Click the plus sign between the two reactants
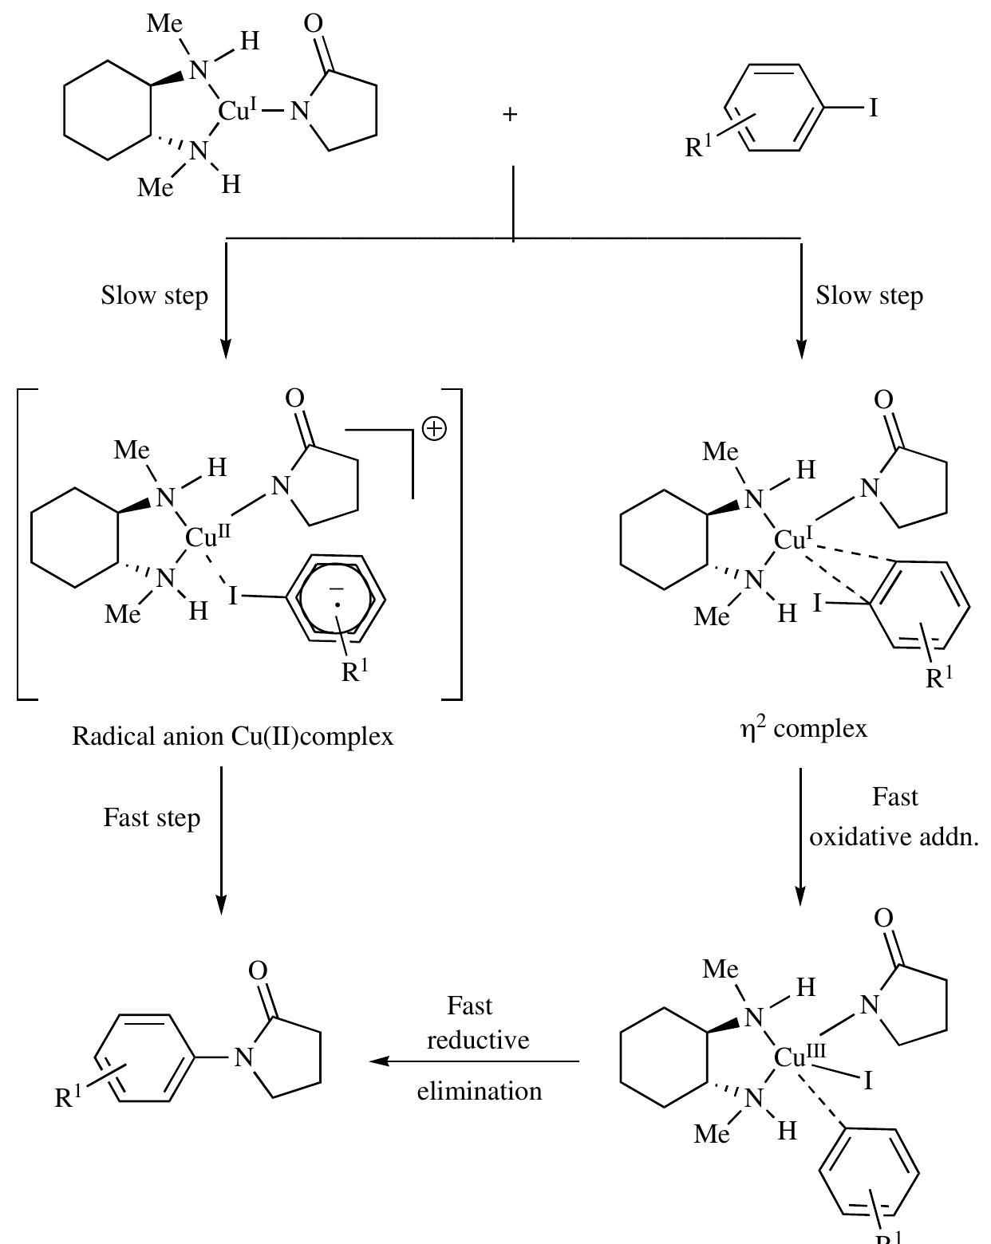point(510,115)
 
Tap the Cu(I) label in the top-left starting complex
point(237,110)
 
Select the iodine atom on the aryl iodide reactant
point(873,108)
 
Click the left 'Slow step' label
point(155,296)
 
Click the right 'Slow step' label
point(869,296)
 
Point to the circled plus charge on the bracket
point(435,429)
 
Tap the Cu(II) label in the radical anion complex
point(207,537)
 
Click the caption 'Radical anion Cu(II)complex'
point(232,737)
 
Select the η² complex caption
point(803,728)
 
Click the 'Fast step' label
point(152,818)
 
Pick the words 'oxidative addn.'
point(894,837)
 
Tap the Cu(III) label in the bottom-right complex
point(800,1057)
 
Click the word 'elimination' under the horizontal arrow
point(480,1092)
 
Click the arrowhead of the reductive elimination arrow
point(377,1061)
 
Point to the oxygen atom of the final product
point(258,970)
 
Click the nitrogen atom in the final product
point(243,1057)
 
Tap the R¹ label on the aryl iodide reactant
point(698,146)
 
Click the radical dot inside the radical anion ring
point(338,604)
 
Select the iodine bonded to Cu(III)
point(868,1080)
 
